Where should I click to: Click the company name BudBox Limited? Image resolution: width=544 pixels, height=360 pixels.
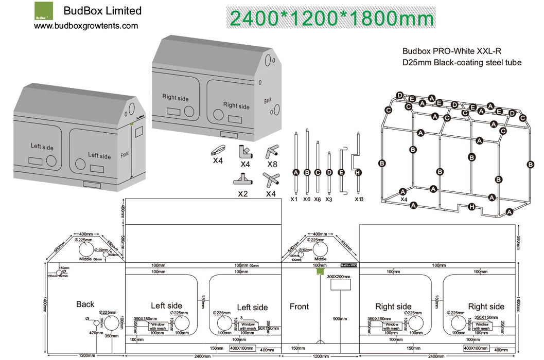click(102, 11)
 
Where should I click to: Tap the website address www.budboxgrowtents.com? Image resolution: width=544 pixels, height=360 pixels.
click(86, 26)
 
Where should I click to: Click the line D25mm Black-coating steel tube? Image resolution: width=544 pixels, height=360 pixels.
click(462, 63)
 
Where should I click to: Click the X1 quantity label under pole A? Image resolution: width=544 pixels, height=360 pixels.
click(294, 199)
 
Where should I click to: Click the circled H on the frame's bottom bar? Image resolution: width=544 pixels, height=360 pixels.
click(472, 207)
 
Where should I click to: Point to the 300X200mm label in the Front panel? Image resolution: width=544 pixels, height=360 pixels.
click(339, 277)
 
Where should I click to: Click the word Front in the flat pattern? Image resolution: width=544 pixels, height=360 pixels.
click(299, 307)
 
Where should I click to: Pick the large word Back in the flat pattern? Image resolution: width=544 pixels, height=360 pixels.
click(85, 304)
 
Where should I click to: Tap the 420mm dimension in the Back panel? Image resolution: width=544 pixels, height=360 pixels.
click(96, 333)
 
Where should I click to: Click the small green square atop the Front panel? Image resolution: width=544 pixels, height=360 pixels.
click(320, 271)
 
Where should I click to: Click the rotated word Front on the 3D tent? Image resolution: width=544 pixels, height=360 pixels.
click(124, 154)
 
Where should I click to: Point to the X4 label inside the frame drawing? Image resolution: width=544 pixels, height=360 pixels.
click(404, 199)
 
